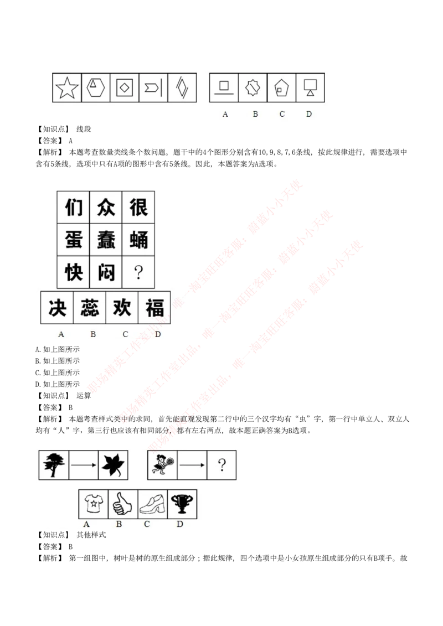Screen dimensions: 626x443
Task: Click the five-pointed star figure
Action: tap(67, 88)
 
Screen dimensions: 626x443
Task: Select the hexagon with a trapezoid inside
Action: tap(96, 87)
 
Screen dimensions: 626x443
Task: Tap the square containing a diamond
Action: tap(125, 87)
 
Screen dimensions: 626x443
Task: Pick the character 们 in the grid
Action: tap(74, 208)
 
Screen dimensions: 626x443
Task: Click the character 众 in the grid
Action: tap(106, 208)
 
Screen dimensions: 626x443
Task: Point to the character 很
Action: tap(138, 208)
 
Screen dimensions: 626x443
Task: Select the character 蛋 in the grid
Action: tap(74, 240)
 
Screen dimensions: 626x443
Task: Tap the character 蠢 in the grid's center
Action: tap(106, 240)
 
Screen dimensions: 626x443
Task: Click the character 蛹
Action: tap(138, 240)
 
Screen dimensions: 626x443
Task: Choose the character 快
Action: tap(74, 272)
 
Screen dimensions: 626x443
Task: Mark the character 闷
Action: tap(106, 272)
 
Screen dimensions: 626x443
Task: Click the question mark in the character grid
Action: tap(138, 272)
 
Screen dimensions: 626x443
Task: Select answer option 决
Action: tap(58, 308)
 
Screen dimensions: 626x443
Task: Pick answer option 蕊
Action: tap(90, 308)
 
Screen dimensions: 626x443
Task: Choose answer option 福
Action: tap(154, 308)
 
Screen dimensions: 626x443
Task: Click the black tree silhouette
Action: tap(54, 464)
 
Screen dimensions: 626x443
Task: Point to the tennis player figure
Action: tap(163, 464)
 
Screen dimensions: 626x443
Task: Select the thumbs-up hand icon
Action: tap(122, 504)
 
